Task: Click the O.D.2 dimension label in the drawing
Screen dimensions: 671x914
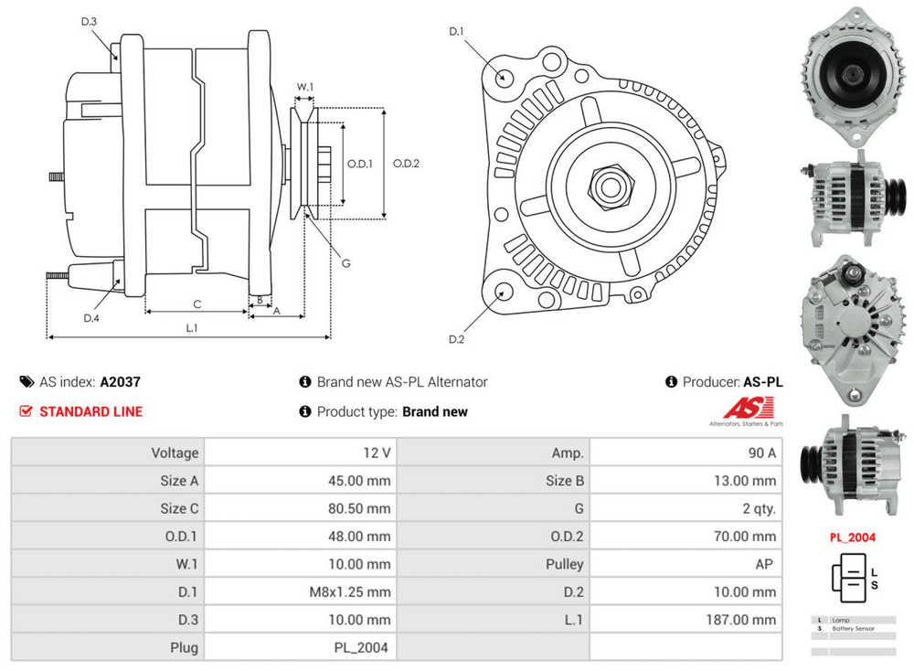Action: pyautogui.click(x=406, y=164)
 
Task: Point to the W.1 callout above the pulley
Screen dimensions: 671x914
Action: pyautogui.click(x=305, y=88)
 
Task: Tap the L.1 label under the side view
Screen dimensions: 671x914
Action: pyautogui.click(x=193, y=327)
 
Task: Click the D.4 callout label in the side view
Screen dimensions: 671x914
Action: pyautogui.click(x=90, y=318)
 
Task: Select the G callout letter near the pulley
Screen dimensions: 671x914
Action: pyautogui.click(x=346, y=263)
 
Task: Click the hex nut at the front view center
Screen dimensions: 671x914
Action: pyautogui.click(x=608, y=186)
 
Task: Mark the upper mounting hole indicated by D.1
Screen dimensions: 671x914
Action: pyautogui.click(x=502, y=76)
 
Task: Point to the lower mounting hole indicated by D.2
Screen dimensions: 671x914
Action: pyautogui.click(x=502, y=293)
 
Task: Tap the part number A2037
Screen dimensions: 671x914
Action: pyautogui.click(x=121, y=382)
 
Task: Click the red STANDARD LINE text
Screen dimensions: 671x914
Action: pyautogui.click(x=90, y=411)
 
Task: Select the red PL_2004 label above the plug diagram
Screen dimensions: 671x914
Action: pyautogui.click(x=852, y=538)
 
